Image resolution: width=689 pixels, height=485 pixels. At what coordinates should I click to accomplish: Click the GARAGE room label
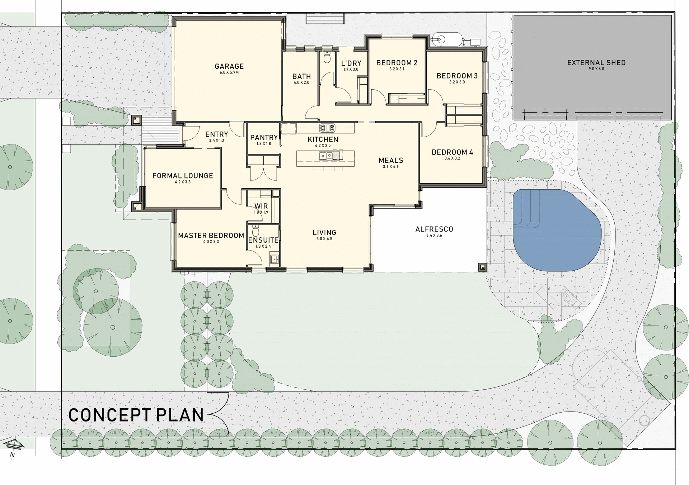(229, 66)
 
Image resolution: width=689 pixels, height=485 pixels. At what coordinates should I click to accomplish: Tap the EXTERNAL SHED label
(596, 63)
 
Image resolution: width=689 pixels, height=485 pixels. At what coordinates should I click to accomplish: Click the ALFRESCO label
(434, 229)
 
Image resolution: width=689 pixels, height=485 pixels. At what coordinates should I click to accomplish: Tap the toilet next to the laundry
(327, 57)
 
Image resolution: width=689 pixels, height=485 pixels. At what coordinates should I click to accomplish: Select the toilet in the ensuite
(256, 231)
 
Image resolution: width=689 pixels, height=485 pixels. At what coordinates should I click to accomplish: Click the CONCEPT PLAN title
(136, 415)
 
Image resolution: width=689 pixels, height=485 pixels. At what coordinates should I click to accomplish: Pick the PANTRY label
(264, 137)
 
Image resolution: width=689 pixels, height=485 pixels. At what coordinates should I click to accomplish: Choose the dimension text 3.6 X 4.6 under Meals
(391, 167)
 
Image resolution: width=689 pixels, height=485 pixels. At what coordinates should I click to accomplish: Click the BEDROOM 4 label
(452, 152)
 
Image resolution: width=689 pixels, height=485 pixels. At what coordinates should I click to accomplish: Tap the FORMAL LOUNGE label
(183, 176)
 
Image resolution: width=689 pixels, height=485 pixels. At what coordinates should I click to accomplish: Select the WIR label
(261, 206)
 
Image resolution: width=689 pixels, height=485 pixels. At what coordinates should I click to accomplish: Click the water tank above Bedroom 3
(447, 39)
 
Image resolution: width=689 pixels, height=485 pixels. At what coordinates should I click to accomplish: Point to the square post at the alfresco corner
(482, 267)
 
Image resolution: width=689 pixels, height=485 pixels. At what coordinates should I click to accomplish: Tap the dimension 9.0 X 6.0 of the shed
(596, 69)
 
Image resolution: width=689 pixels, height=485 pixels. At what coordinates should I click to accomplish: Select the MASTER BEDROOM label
(211, 236)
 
